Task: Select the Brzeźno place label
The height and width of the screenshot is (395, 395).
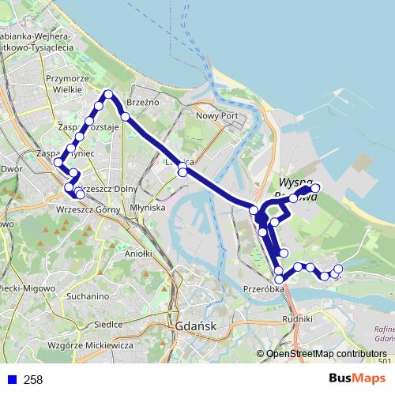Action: tap(142, 102)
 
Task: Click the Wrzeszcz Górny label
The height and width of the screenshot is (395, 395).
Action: tap(88, 209)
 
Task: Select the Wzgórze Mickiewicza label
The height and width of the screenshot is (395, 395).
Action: tap(88, 346)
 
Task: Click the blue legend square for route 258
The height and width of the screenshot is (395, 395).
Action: tap(11, 380)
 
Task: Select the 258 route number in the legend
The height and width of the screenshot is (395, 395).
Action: tap(33, 380)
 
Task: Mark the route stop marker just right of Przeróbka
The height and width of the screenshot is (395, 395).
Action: tap(279, 280)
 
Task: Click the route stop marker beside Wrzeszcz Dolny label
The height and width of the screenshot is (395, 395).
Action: tap(80, 194)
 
